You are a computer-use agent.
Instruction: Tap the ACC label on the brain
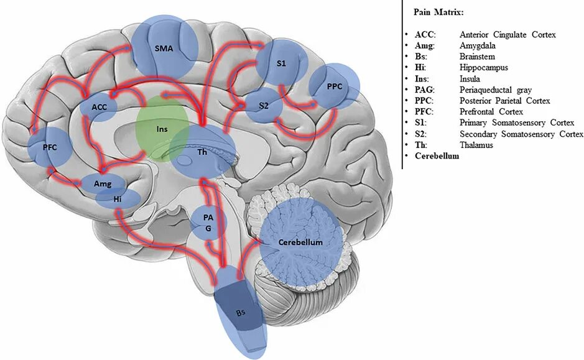click(100, 107)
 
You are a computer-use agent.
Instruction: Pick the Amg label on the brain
click(103, 185)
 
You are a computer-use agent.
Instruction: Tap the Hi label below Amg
click(118, 199)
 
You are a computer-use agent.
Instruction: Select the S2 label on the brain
click(263, 107)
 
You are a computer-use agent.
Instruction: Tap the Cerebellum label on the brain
click(300, 242)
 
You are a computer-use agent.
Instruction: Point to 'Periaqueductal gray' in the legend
click(491, 90)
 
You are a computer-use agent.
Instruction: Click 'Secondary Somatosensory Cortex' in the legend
click(521, 134)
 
